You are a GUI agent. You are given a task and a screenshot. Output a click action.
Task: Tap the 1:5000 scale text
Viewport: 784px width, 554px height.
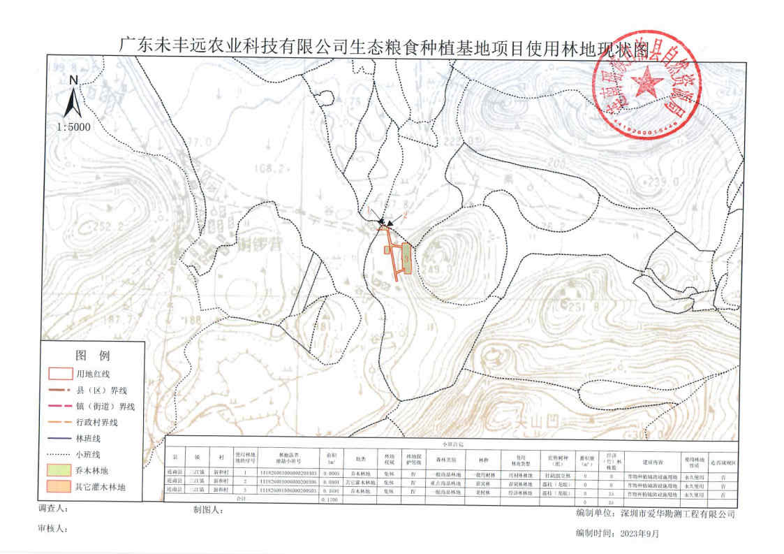coord(74,127)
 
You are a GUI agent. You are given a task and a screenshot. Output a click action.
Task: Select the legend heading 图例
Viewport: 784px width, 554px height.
coord(93,355)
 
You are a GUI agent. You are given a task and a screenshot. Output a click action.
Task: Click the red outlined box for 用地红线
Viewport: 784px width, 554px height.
coord(61,374)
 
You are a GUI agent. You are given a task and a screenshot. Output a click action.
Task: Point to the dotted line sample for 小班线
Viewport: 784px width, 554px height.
coord(61,453)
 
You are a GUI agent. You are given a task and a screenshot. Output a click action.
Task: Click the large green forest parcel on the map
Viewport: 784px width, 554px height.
coord(407,258)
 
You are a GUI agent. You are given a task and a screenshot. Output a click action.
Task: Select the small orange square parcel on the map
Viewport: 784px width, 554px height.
coord(387,249)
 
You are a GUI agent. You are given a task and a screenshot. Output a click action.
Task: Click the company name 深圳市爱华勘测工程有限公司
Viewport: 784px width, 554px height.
coord(677,513)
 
